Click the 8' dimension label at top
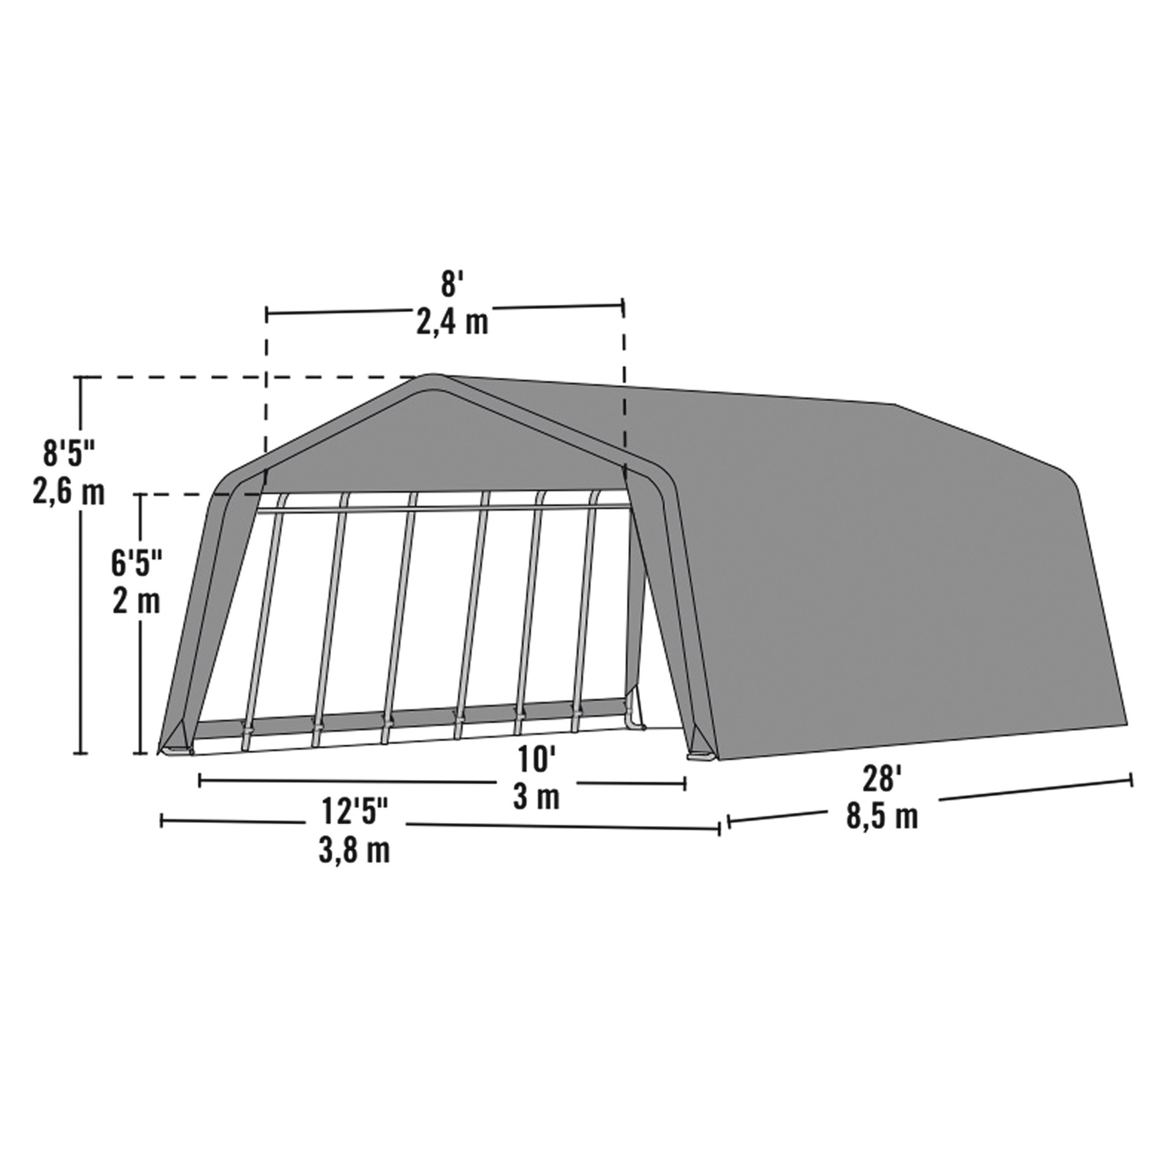(x=449, y=285)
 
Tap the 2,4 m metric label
(x=453, y=323)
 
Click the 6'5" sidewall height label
(x=136, y=564)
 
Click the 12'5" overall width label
(x=355, y=814)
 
